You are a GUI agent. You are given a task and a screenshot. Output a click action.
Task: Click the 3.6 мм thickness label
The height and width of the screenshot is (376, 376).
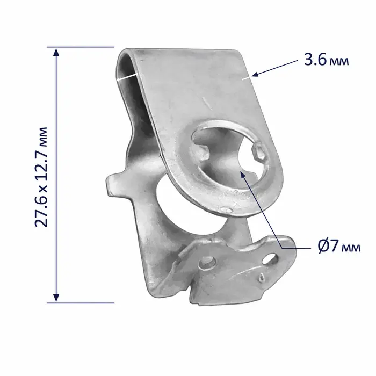point(327,60)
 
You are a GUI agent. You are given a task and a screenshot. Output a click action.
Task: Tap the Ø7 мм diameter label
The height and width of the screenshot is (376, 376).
point(339,246)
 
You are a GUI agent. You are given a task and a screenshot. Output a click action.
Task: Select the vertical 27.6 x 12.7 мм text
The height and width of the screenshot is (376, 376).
point(41,177)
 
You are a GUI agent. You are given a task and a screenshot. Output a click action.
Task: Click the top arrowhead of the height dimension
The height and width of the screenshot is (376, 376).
point(56,52)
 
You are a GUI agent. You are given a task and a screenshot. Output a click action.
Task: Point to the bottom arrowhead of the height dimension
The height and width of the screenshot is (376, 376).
point(56,298)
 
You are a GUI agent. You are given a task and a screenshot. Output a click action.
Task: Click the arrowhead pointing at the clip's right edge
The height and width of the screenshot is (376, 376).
point(255,74)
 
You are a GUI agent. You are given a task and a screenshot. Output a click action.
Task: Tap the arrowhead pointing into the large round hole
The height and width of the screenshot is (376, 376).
point(243,175)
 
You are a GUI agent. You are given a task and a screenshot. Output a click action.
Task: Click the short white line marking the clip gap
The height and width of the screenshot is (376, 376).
point(127,77)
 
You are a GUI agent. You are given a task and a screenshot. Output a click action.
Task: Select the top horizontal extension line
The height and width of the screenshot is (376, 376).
point(81,47)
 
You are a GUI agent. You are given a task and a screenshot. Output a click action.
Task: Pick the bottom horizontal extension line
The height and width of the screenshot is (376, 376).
point(81,303)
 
